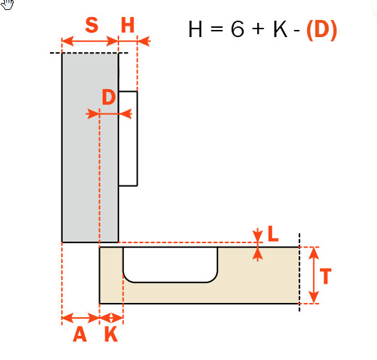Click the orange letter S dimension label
coord(92,25)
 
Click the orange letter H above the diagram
coord(128,25)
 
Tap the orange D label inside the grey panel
coord(108,97)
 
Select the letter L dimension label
coord(273,234)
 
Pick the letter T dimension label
coord(326,276)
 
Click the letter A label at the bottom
coord(80,334)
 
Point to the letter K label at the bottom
coord(111,334)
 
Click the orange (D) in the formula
coord(321,29)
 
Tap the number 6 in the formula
coord(237,29)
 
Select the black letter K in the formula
coord(280,29)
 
